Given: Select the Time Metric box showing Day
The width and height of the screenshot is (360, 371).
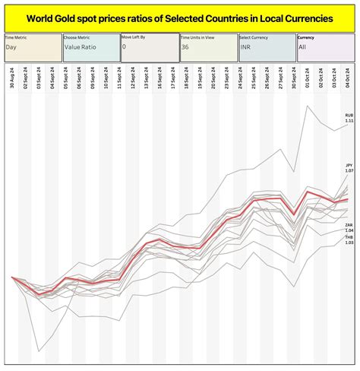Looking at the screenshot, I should pyautogui.click(x=32, y=47).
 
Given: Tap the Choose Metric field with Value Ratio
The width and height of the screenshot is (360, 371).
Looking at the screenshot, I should pyautogui.click(x=90, y=47).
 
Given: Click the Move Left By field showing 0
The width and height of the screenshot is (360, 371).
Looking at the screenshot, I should pyautogui.click(x=149, y=47).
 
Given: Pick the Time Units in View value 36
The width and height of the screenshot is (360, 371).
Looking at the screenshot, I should pyautogui.click(x=207, y=47).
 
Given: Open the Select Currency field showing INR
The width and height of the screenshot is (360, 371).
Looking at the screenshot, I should pyautogui.click(x=266, y=47).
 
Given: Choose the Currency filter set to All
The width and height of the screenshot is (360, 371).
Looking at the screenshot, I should pyautogui.click(x=324, y=47).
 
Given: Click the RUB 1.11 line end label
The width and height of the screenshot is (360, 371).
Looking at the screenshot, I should pyautogui.click(x=349, y=118).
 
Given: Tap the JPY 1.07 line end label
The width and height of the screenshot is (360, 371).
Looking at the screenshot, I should pyautogui.click(x=349, y=168).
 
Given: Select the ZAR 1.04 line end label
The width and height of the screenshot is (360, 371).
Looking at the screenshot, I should pyautogui.click(x=349, y=228).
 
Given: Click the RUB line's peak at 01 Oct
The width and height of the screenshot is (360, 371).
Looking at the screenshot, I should pyautogui.click(x=308, y=106).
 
